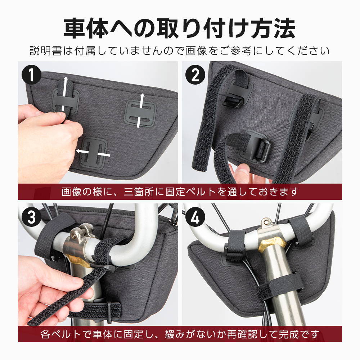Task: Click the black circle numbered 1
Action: coord(31,75)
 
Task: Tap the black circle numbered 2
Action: coord(195,75)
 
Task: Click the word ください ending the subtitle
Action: coord(308,51)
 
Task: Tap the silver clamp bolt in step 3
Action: coord(74,235)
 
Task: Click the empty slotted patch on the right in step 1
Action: coord(140,113)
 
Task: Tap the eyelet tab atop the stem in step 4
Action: coord(266,222)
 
